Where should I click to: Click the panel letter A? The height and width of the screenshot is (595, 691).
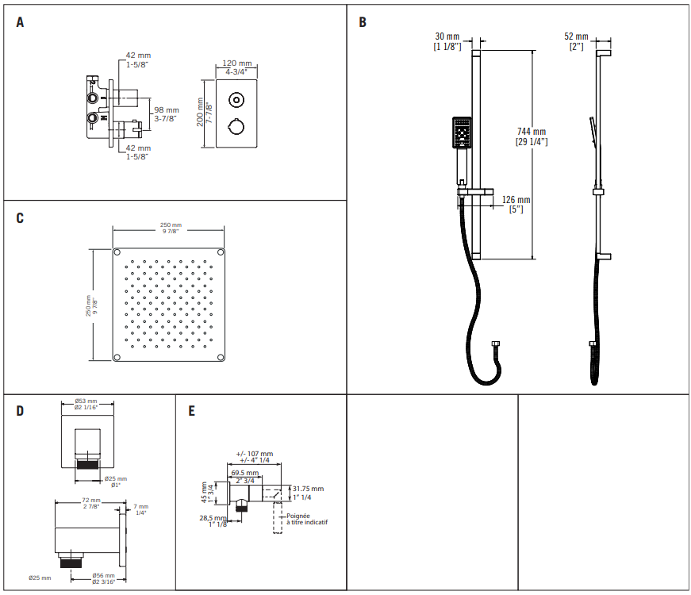pyautogui.click(x=20, y=22)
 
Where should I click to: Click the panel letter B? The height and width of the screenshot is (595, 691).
pyautogui.click(x=363, y=22)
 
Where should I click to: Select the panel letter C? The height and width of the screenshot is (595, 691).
pyautogui.click(x=20, y=218)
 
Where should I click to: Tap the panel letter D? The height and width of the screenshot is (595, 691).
pyautogui.click(x=20, y=411)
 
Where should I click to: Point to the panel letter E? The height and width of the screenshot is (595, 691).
pyautogui.click(x=191, y=411)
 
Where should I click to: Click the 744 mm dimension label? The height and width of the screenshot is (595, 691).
pyautogui.click(x=531, y=132)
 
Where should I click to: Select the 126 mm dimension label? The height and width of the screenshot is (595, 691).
pyautogui.click(x=516, y=200)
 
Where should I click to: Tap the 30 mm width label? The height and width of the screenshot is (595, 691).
pyautogui.click(x=447, y=36)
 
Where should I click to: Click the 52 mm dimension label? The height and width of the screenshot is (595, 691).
pyautogui.click(x=576, y=36)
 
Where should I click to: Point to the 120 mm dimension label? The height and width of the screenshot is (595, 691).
pyautogui.click(x=236, y=63)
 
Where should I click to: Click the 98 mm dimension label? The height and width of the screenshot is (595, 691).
pyautogui.click(x=166, y=109)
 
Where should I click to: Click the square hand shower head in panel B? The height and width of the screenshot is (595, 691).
pyautogui.click(x=462, y=132)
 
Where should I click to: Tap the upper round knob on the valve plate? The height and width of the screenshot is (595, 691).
pyautogui.click(x=236, y=99)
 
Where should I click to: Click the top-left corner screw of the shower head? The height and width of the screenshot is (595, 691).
pyautogui.click(x=117, y=252)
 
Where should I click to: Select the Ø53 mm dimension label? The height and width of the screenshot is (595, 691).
pyautogui.click(x=86, y=401)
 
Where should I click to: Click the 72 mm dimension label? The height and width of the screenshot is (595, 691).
pyautogui.click(x=90, y=501)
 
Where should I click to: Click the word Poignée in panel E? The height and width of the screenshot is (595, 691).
pyautogui.click(x=300, y=515)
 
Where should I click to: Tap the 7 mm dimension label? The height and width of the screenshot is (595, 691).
pyautogui.click(x=140, y=506)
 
